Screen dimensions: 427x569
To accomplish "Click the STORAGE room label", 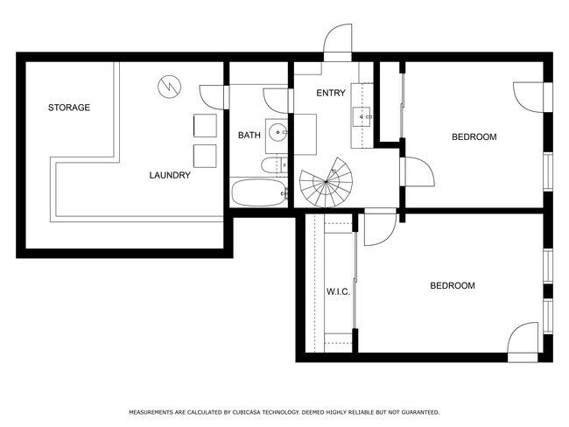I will [x=68, y=108].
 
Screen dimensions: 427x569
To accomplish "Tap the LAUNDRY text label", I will [x=169, y=175].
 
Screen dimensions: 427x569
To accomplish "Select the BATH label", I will [x=249, y=136].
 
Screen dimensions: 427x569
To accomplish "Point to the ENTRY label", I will [x=331, y=93].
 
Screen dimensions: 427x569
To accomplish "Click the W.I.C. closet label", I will [x=338, y=291].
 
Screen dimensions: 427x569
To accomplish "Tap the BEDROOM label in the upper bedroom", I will [x=474, y=136].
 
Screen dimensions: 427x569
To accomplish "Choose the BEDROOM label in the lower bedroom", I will [x=452, y=285].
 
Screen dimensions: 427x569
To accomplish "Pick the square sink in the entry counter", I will [x=362, y=115].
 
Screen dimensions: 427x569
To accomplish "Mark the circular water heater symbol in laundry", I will [x=167, y=86].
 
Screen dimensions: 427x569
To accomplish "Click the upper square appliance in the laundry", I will [x=205, y=126].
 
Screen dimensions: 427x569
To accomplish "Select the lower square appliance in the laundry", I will [x=205, y=156].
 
